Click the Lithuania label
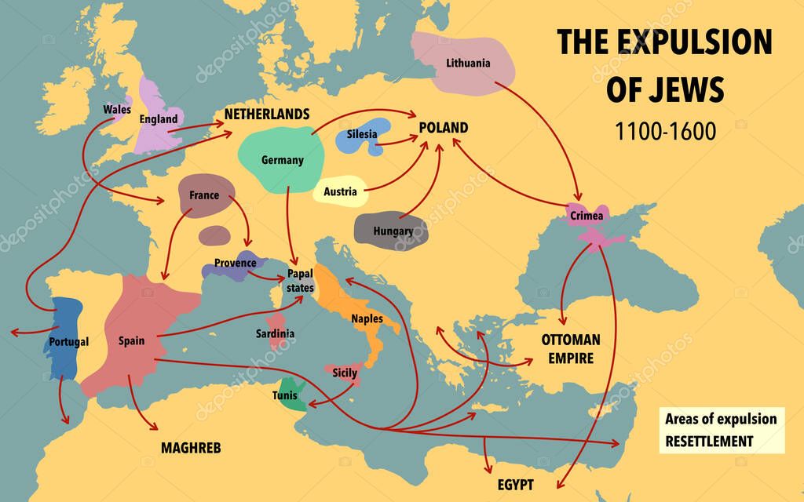(467, 63)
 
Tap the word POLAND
(443, 128)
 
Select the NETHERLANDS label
(267, 115)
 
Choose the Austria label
(340, 191)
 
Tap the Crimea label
(587, 214)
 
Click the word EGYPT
(515, 484)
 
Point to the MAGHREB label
(191, 449)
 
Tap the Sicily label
(345, 373)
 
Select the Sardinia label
(275, 333)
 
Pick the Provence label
(235, 263)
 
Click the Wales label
(117, 109)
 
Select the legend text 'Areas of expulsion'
(721, 418)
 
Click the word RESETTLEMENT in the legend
(709, 441)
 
